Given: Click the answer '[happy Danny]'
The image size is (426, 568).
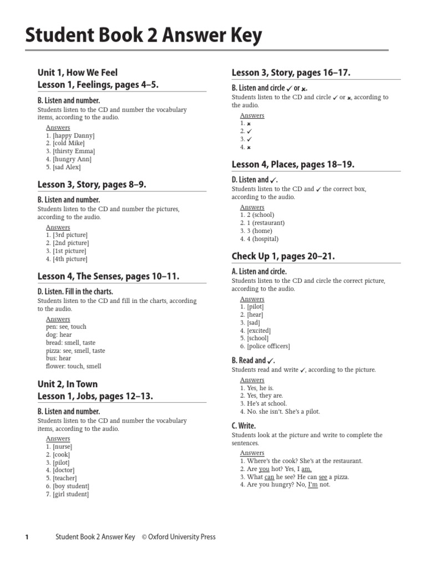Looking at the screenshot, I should click(74, 135).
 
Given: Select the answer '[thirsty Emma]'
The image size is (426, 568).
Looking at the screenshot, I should click(74, 151).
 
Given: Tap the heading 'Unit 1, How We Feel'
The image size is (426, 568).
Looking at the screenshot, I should click(78, 73).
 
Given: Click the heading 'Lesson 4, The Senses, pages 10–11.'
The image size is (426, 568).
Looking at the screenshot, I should click(108, 276).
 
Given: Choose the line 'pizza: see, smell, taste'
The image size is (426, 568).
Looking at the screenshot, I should click(75, 351).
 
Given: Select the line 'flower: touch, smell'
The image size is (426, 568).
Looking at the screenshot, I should click(74, 367).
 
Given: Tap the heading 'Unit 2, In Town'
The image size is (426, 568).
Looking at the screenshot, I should click(68, 384).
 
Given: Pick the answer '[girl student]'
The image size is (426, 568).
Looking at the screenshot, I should click(70, 494).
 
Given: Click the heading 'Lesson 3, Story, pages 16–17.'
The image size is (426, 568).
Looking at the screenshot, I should click(291, 73).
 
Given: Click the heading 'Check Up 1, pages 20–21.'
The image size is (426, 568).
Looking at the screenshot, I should click(283, 256).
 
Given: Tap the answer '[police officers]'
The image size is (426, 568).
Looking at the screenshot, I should click(268, 346).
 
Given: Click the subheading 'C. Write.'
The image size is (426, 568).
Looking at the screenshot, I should click(244, 426).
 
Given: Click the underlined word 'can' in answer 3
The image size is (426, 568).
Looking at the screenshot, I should click(269, 477).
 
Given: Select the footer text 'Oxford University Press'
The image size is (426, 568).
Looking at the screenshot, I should click(182, 537).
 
